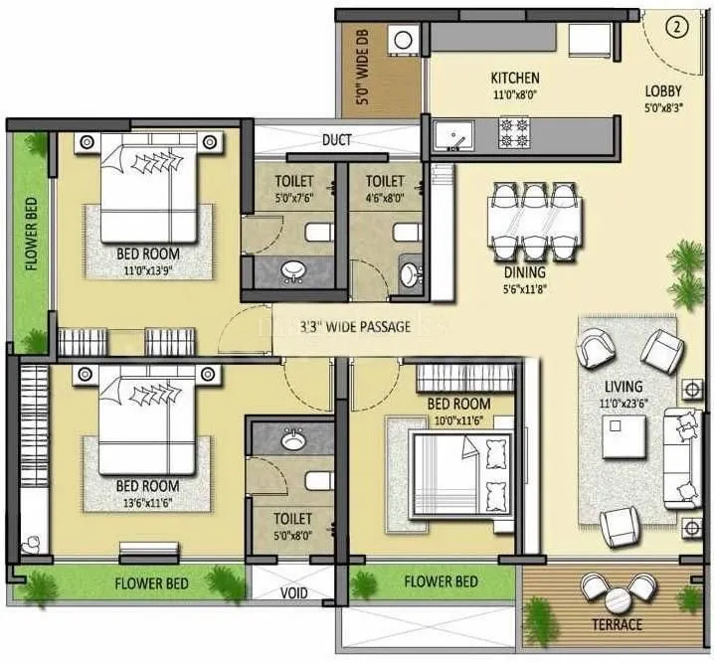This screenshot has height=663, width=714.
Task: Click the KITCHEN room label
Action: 515,78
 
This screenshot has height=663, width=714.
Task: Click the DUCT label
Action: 336,140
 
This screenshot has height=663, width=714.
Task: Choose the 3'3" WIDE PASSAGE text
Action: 341,326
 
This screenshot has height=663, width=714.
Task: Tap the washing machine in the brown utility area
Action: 404,41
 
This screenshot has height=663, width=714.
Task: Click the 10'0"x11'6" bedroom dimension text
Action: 458,419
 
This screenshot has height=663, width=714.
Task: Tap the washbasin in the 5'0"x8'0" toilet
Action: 292,438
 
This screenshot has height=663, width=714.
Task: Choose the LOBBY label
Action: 661,88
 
